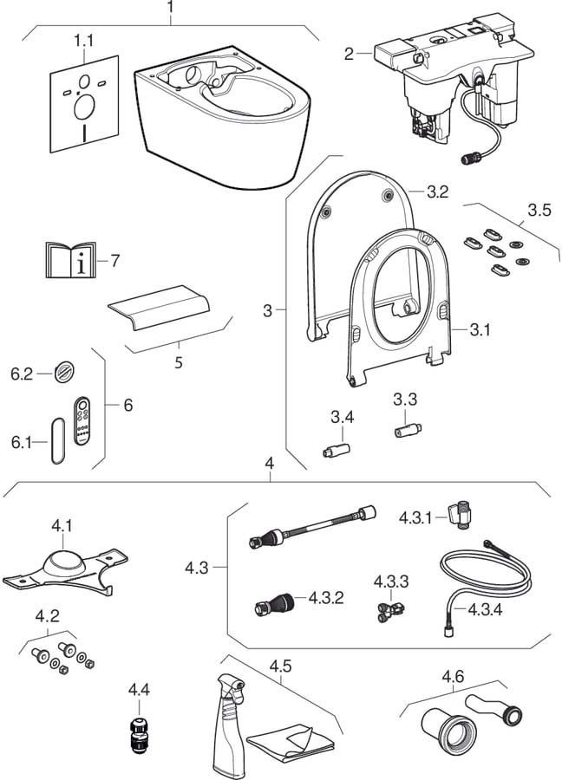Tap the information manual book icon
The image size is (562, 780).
[71, 259]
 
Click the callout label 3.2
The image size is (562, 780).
[437, 193]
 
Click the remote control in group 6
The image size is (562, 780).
[82, 419]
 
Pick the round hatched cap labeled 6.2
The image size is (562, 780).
[62, 374]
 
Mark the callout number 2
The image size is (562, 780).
[349, 54]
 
